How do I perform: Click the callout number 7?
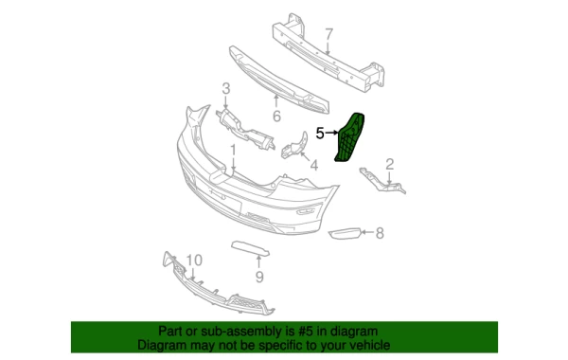[x=328, y=35]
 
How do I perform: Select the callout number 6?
[x=276, y=117]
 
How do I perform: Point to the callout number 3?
[x=226, y=88]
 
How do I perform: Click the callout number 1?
[x=233, y=150]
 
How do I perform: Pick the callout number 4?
[x=314, y=166]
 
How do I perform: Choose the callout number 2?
[x=389, y=164]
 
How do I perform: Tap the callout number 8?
[x=380, y=233]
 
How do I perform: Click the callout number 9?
[x=259, y=277]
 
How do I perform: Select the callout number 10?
[x=194, y=261]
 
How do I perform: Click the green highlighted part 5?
[x=350, y=137]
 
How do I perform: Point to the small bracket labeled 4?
[x=295, y=146]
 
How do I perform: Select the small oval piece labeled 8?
[x=345, y=233]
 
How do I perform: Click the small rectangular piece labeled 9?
[x=250, y=248]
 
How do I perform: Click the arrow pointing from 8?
[x=367, y=232]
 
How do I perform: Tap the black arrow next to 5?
[x=332, y=133]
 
